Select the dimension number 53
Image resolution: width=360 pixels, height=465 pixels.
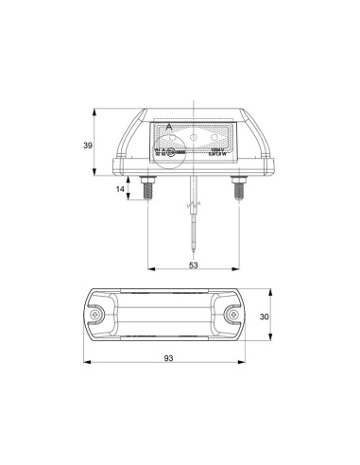(193, 266)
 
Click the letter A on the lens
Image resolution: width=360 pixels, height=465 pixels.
(168, 127)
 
